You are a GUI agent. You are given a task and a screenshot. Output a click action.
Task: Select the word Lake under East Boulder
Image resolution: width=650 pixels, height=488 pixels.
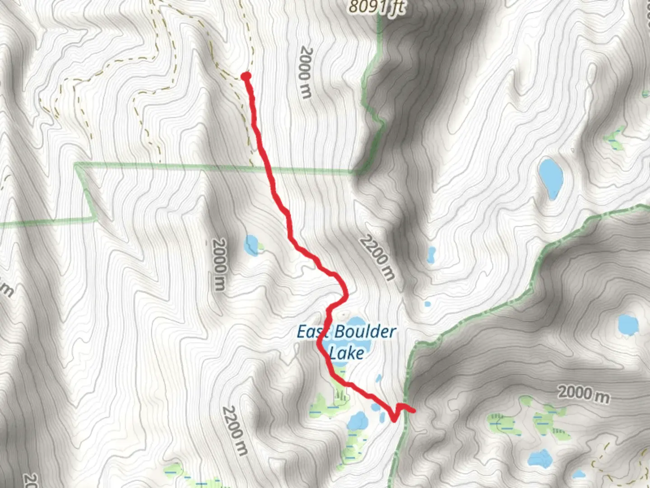[x=346, y=352]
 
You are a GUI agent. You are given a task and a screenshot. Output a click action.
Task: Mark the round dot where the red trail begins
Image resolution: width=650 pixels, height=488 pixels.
[x=246, y=76]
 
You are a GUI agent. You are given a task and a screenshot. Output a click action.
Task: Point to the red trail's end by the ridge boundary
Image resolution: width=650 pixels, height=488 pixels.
[x=413, y=410]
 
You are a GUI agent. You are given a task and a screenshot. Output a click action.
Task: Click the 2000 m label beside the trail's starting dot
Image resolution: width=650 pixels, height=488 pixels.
[x=306, y=72]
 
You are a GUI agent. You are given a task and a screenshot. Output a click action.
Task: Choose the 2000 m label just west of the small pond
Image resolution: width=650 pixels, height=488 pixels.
[x=219, y=264]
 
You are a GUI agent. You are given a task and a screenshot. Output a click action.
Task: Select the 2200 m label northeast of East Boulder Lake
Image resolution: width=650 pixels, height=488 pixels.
[x=378, y=258]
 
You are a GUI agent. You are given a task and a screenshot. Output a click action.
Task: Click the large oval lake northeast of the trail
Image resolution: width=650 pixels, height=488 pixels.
[x=551, y=178]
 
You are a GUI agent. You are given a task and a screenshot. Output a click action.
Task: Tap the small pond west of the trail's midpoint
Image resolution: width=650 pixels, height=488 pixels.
[x=251, y=244]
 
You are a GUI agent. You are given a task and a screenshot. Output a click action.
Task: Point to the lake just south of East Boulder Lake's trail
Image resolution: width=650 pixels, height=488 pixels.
[x=358, y=422]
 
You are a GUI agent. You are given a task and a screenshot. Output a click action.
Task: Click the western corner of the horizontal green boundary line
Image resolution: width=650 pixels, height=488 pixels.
[x=77, y=165]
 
